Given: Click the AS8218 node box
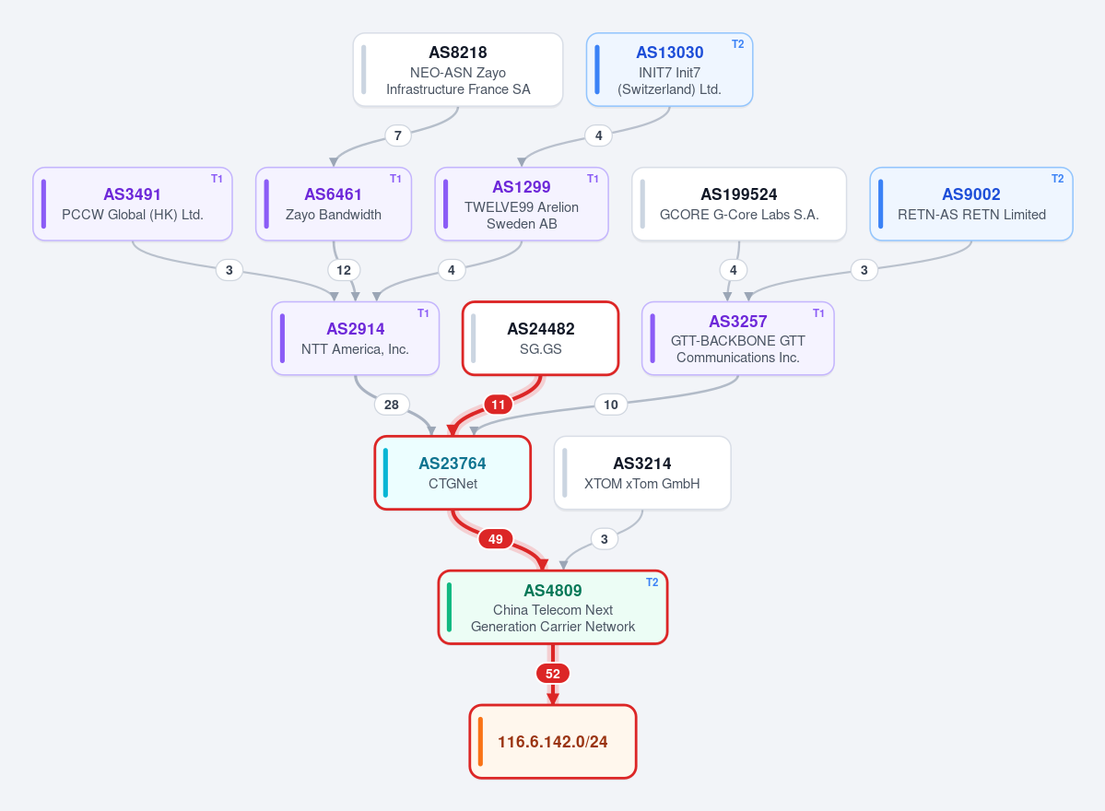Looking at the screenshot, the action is [458, 70].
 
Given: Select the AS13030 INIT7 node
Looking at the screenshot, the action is [669, 70].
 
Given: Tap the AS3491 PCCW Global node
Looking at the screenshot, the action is [133, 205].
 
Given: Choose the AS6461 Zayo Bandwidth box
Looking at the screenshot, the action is [334, 205].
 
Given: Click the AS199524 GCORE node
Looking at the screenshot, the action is [739, 205].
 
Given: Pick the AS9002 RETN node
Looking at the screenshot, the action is [971, 205].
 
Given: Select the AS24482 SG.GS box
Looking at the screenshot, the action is [541, 338].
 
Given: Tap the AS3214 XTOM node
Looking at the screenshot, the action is [642, 473].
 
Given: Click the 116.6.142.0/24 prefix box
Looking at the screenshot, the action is [553, 741].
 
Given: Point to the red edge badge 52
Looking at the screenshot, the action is [553, 674].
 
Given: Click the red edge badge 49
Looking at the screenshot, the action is [496, 539].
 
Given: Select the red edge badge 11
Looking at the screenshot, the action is [499, 405].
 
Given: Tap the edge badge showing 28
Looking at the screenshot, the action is [391, 405].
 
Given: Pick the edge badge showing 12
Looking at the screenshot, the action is [343, 270].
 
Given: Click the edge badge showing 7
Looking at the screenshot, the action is [398, 135].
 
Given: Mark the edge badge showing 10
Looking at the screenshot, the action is [611, 405].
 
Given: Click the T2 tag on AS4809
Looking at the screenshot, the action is [652, 582].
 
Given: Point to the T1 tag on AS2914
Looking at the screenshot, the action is [423, 312].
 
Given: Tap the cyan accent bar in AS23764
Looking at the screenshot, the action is [385, 473].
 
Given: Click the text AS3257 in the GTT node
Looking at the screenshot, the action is [738, 322].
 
